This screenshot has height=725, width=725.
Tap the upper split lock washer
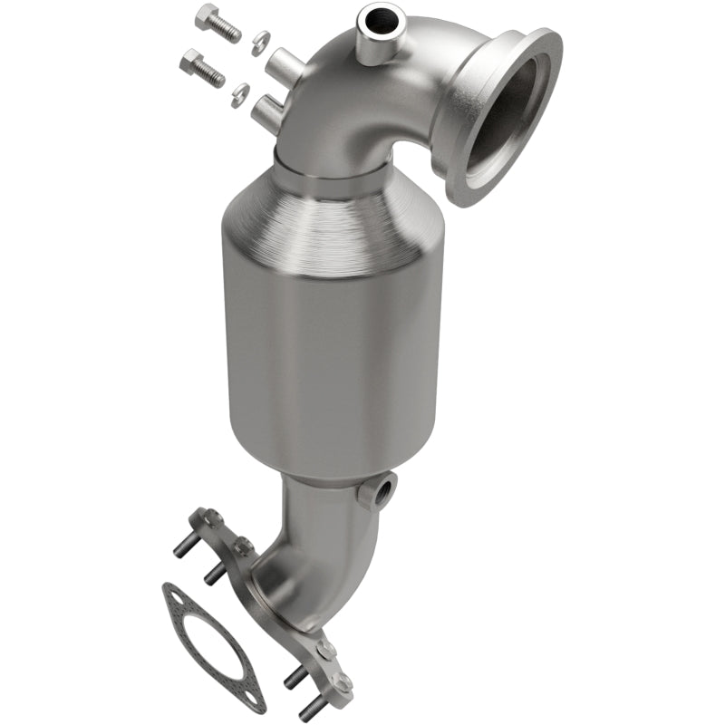point(259,39)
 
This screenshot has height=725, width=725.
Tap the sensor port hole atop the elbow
point(372,16)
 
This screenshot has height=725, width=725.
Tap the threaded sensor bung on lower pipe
point(379,492)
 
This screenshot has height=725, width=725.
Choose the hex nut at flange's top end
point(211,518)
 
